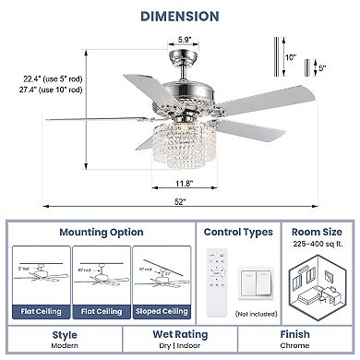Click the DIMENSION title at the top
click(x=179, y=16)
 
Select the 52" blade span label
click(x=179, y=202)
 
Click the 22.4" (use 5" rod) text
click(x=52, y=78)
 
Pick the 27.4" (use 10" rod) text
click(x=53, y=90)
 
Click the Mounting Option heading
click(x=102, y=234)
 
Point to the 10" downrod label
click(x=290, y=56)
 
